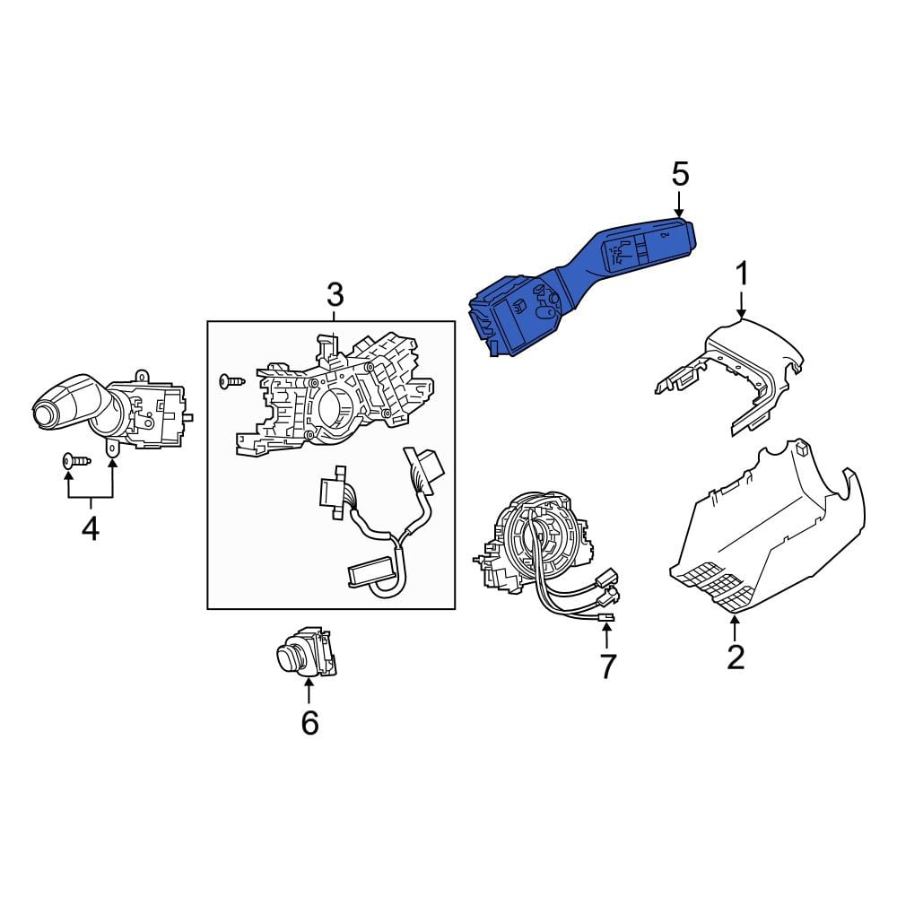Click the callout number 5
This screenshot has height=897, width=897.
(x=680, y=174)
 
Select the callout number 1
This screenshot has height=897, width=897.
(x=742, y=274)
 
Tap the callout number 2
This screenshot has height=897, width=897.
(x=736, y=657)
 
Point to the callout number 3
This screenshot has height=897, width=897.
(x=335, y=294)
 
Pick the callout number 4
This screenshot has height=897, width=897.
(x=91, y=528)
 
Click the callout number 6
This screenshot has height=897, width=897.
(x=309, y=723)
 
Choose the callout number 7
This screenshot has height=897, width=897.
(x=607, y=666)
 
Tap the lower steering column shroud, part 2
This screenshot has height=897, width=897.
(x=767, y=532)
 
